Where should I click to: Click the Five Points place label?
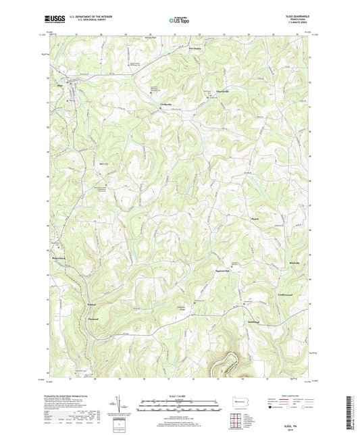click(195, 49)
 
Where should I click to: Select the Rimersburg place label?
click(60, 259)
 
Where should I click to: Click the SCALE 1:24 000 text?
click(178, 396)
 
